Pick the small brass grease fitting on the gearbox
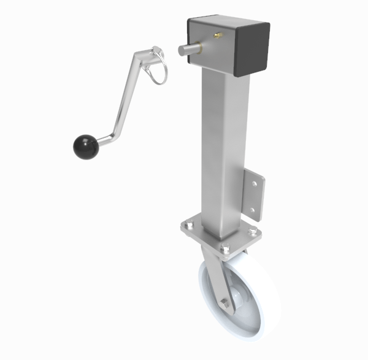pos(217,37)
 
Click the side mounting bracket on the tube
pos(255,193)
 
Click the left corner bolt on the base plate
pos(186,228)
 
